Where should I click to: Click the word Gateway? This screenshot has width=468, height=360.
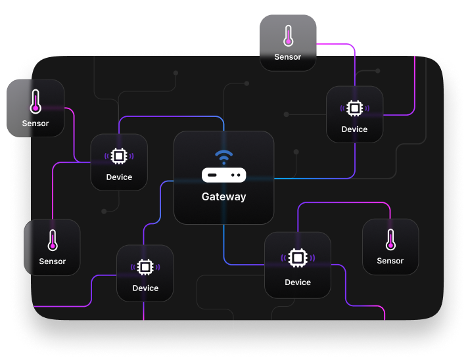coord(223,196)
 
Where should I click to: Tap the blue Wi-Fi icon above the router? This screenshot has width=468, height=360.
coord(223,157)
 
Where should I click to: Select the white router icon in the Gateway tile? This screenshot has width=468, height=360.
coord(223,175)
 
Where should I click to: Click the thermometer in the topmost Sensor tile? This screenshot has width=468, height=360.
coord(288,35)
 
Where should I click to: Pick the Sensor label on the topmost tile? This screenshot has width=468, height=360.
coord(288,57)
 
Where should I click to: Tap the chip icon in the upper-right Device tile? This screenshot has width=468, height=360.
coord(354,108)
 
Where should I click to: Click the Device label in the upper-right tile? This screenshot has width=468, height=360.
coord(354,129)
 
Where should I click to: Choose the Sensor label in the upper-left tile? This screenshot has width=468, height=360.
coord(35,124)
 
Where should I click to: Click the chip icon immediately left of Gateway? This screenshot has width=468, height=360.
coord(119,156)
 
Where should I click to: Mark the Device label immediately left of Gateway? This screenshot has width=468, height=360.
coord(119,177)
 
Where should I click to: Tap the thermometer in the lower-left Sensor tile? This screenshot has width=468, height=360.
coord(53,240)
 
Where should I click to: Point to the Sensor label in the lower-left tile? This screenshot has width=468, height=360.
coord(53,261)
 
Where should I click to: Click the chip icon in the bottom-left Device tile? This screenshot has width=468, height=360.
coord(145,267)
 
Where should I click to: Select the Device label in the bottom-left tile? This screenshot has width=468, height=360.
coord(145,288)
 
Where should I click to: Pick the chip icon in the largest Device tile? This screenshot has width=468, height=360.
coord(298,258)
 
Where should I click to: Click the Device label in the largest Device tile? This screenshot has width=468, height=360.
coord(298,282)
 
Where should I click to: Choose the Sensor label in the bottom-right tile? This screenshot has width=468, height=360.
coord(390,261)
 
